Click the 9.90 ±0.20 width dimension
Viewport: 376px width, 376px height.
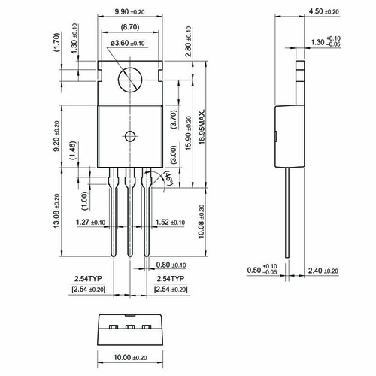pos(129,11)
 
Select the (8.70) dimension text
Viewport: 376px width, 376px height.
pos(130,27)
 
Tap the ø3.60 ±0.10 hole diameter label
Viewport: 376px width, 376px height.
pos(128,43)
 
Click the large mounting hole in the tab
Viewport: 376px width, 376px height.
pos(130,80)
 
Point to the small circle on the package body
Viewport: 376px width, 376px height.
pos(130,136)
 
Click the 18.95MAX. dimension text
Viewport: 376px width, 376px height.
pos(202,126)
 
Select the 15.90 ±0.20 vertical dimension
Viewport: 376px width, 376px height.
pos(189,133)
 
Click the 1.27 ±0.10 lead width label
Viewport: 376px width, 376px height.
pos(91,223)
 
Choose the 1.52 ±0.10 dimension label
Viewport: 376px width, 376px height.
pos(170,223)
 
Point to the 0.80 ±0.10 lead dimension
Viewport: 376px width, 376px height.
pos(171,265)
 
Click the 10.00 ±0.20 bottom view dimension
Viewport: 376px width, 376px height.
pos(130,357)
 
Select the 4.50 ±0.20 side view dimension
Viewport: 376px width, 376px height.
pos(323,11)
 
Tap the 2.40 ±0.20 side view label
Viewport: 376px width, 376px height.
pos(323,271)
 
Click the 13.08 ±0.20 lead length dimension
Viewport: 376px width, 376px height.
pos(56,211)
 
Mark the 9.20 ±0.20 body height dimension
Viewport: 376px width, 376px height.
pos(56,136)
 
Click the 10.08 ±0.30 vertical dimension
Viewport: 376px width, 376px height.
pos(202,222)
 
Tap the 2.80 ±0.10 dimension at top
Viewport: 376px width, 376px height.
pos(189,42)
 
